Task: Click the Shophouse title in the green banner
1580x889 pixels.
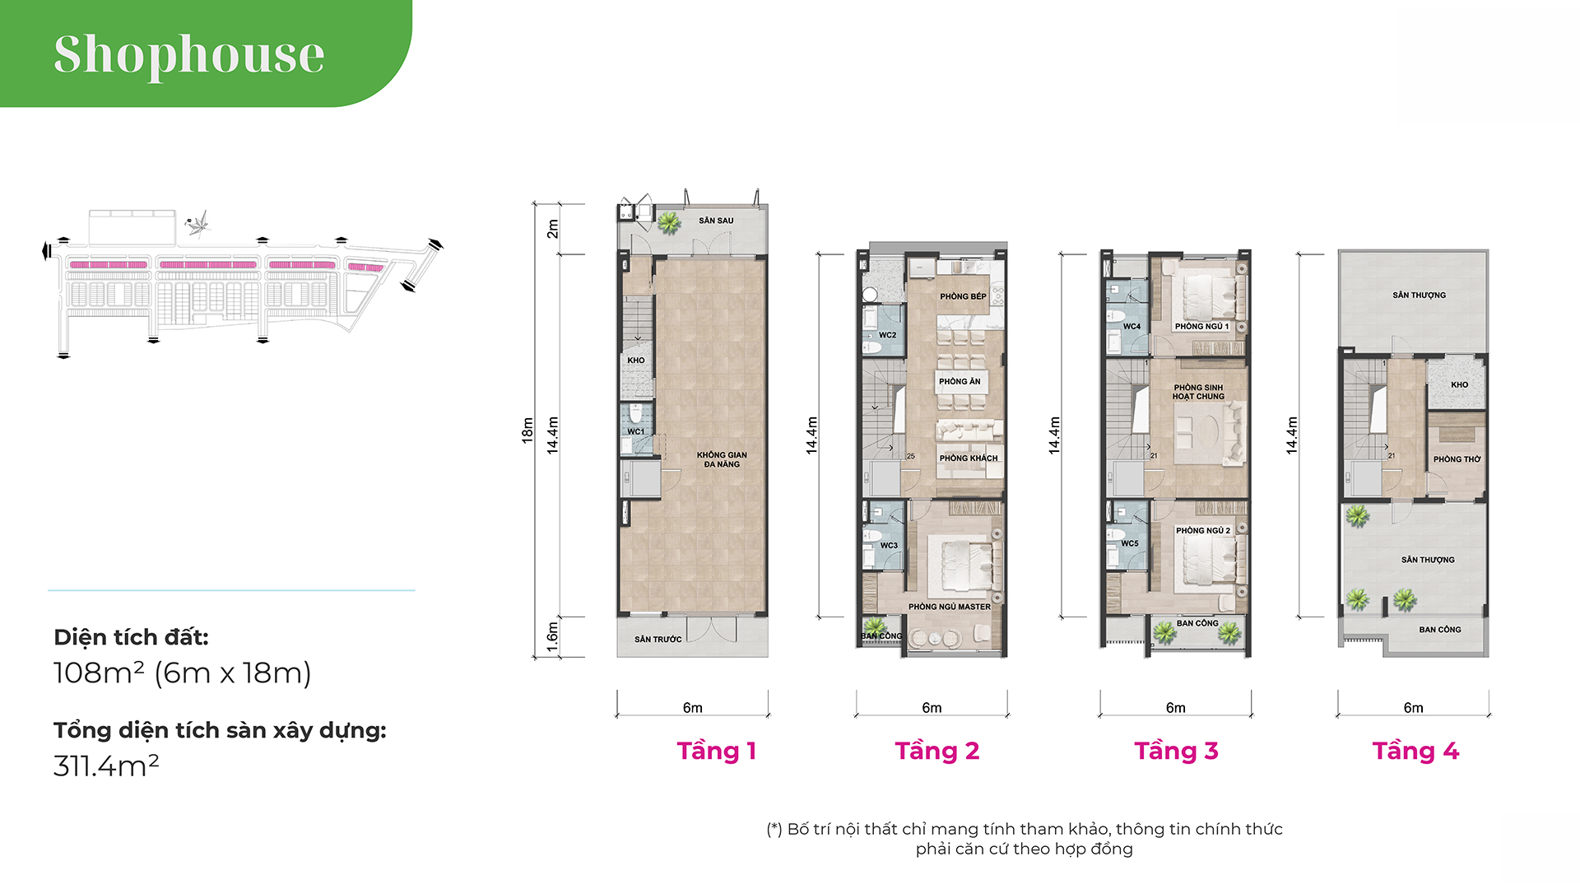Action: click(x=189, y=54)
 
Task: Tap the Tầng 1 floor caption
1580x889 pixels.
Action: click(x=716, y=751)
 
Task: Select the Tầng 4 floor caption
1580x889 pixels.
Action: click(x=1415, y=751)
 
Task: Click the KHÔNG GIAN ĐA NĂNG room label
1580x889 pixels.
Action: click(x=722, y=459)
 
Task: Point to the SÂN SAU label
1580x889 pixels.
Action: click(x=716, y=221)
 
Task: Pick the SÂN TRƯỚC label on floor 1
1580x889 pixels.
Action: click(x=658, y=640)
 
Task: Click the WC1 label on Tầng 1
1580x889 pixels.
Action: click(x=636, y=431)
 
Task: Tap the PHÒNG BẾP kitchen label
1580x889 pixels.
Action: click(x=963, y=296)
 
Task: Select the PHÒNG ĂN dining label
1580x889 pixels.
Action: click(x=960, y=381)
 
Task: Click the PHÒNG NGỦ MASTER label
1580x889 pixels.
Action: click(x=950, y=607)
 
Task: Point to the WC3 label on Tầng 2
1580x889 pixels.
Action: click(x=889, y=546)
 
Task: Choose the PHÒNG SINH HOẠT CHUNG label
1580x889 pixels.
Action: click(x=1198, y=392)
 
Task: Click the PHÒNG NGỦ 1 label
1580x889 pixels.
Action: click(x=1201, y=327)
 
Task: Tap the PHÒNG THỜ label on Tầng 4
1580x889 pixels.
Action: click(x=1457, y=459)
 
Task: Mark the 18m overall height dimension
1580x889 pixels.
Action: click(x=527, y=431)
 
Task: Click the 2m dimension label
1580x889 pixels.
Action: click(x=553, y=229)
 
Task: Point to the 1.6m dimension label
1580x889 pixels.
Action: click(x=553, y=636)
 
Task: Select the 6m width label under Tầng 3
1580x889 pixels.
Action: click(x=1175, y=708)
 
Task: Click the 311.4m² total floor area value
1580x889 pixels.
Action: click(x=106, y=766)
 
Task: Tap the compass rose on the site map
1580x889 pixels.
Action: click(x=198, y=222)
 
